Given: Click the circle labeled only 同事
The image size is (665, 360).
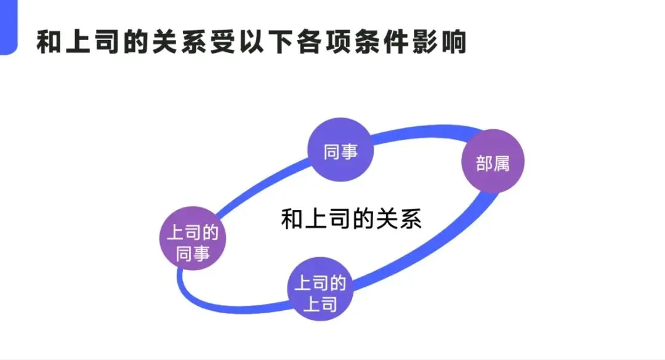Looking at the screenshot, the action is (341, 151).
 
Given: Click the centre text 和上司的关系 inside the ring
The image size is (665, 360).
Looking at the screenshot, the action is (351, 219).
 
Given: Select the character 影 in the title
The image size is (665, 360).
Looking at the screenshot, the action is (420, 42).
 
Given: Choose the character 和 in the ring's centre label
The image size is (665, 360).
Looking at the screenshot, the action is (292, 219).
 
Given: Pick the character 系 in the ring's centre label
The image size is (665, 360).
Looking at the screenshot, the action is (411, 219).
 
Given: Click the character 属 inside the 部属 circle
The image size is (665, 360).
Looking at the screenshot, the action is (502, 163).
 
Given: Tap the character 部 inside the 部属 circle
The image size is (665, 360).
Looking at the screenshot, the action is (484, 163).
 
